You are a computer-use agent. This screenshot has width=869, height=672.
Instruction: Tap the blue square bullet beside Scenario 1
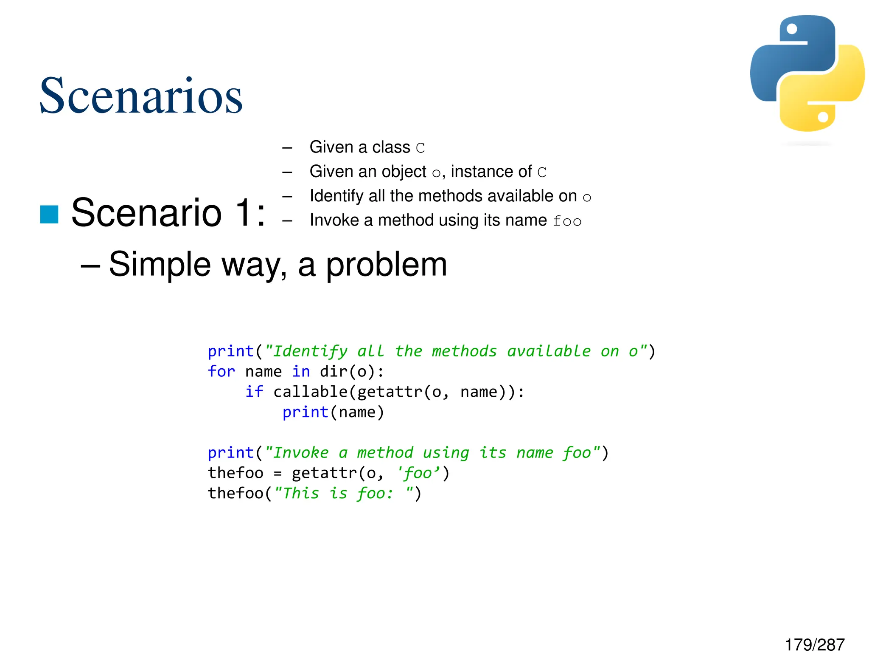point(49,214)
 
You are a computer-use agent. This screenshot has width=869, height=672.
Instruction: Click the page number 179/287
point(814,645)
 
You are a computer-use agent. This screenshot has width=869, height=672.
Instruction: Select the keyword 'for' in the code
point(221,372)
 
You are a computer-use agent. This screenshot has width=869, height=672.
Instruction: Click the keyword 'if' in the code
point(254,392)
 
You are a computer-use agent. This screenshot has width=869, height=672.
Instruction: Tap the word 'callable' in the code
point(311,392)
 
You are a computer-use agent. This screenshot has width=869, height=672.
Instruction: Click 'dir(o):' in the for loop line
point(352,372)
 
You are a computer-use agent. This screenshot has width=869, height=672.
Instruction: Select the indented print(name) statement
point(333,412)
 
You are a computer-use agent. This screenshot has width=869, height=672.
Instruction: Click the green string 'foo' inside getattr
point(418,473)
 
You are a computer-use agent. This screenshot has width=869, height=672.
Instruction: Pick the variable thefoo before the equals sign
point(235,473)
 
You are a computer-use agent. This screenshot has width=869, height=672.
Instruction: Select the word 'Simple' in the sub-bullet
point(160,264)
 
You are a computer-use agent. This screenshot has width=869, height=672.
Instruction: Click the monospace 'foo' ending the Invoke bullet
point(567,221)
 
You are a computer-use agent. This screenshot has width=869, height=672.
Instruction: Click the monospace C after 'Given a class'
point(420,148)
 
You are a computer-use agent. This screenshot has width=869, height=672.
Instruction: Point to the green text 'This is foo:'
point(338,493)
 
